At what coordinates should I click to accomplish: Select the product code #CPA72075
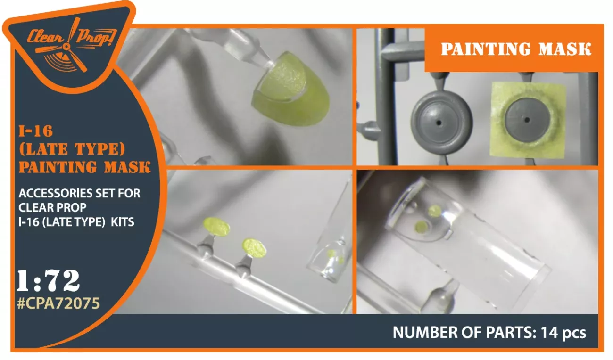[58, 303]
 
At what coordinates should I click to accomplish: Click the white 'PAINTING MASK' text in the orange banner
[516, 49]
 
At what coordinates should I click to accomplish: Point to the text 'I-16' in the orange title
[35, 131]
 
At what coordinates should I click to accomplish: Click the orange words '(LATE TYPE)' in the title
[72, 149]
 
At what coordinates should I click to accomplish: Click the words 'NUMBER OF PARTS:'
[464, 332]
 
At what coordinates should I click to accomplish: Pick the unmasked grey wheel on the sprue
[441, 123]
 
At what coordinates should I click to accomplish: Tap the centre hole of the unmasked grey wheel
[439, 123]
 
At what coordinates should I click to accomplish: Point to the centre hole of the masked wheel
[527, 120]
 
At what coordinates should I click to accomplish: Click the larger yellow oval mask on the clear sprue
[216, 227]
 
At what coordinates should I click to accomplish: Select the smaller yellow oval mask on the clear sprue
[254, 248]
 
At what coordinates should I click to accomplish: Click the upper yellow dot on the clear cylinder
[435, 211]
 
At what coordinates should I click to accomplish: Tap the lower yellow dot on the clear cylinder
[421, 227]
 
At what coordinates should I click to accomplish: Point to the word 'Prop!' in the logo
[96, 38]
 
